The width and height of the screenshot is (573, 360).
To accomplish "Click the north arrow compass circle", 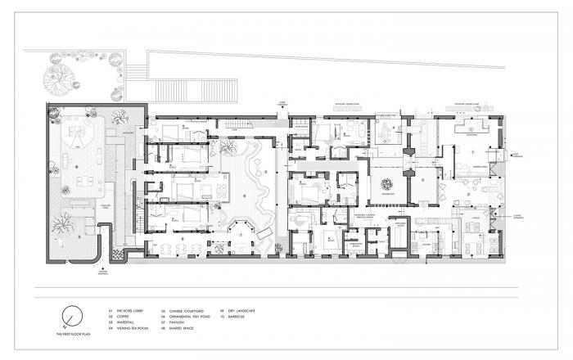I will click(x=73, y=314).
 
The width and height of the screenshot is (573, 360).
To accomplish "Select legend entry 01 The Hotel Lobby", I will click(x=129, y=310).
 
